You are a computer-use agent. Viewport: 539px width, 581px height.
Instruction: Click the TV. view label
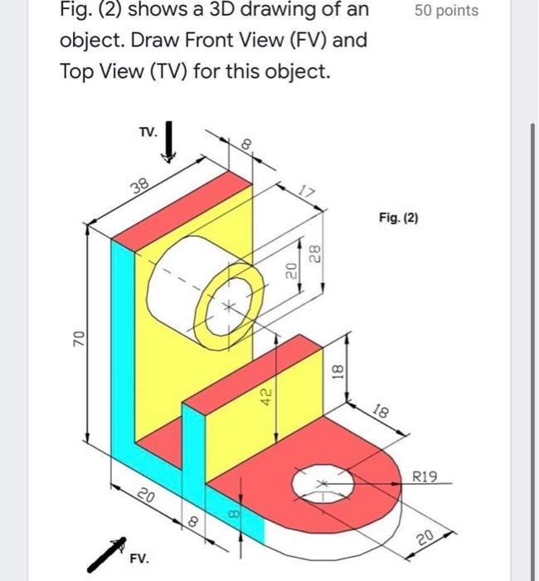point(147,132)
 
